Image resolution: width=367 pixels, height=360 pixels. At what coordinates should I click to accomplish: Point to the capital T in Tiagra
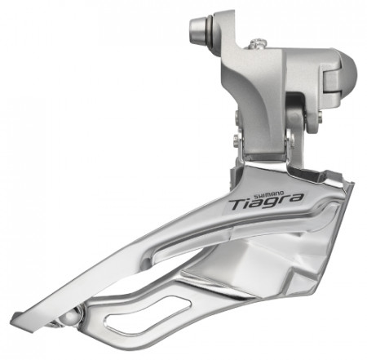point(237,205)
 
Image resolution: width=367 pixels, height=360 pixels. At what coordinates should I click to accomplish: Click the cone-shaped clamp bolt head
point(198,29)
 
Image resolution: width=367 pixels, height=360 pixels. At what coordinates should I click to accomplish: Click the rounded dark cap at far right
point(349,73)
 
